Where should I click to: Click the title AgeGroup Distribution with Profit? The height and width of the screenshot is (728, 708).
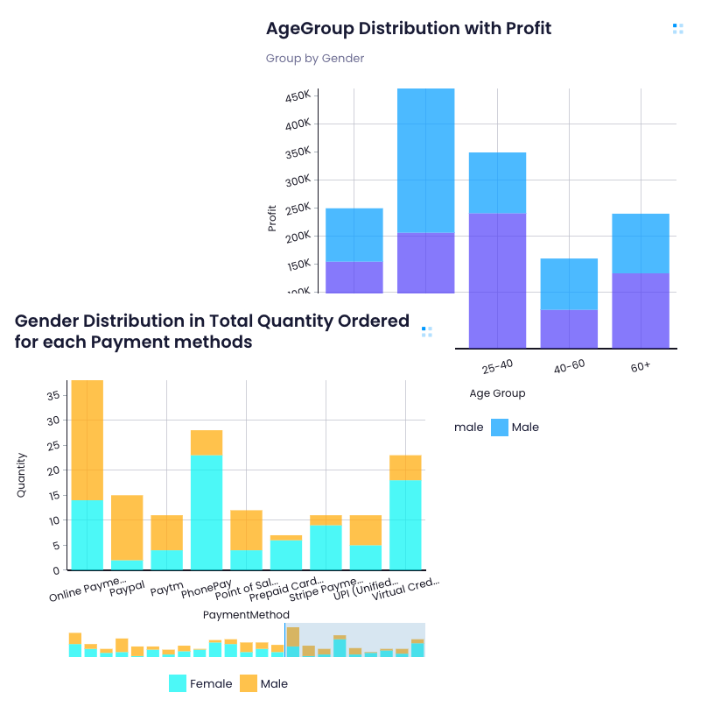tap(409, 28)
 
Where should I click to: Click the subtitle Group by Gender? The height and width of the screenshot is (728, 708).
tap(315, 59)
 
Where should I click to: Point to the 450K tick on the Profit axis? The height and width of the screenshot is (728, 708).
tap(298, 95)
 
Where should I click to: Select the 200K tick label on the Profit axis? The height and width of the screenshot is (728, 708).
tap(298, 237)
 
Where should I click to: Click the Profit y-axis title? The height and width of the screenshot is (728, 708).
tap(272, 217)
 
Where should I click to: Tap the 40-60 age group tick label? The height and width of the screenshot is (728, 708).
tap(569, 366)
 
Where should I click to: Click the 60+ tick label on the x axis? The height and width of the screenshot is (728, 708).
tap(641, 366)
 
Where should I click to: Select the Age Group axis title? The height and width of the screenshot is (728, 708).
tap(497, 393)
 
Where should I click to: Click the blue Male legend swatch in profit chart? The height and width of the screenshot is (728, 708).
tap(499, 428)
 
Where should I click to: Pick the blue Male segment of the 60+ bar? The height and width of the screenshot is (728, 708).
tap(641, 243)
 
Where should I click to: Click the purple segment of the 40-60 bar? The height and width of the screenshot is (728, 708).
tap(569, 329)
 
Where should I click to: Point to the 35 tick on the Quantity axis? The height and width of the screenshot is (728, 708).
tap(53, 395)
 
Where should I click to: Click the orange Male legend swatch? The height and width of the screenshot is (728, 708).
tap(249, 683)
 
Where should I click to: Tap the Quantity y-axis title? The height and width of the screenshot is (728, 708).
tap(21, 475)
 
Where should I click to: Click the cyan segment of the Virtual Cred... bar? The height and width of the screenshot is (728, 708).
tap(405, 525)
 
